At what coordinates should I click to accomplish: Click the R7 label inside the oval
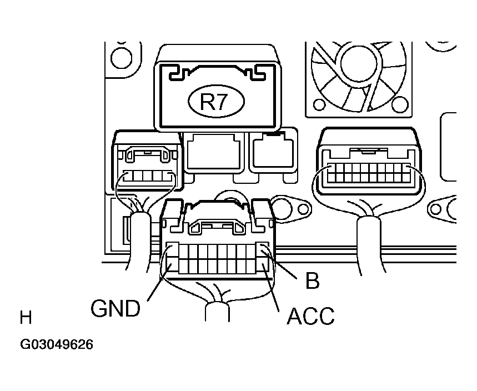(x=216, y=102)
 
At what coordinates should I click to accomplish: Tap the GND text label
(x=116, y=308)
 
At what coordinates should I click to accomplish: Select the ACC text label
(x=310, y=317)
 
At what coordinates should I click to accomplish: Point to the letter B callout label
(x=313, y=280)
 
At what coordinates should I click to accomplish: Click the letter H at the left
(x=26, y=318)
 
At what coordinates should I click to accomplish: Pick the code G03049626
(x=57, y=345)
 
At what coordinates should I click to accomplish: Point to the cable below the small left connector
(x=139, y=239)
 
